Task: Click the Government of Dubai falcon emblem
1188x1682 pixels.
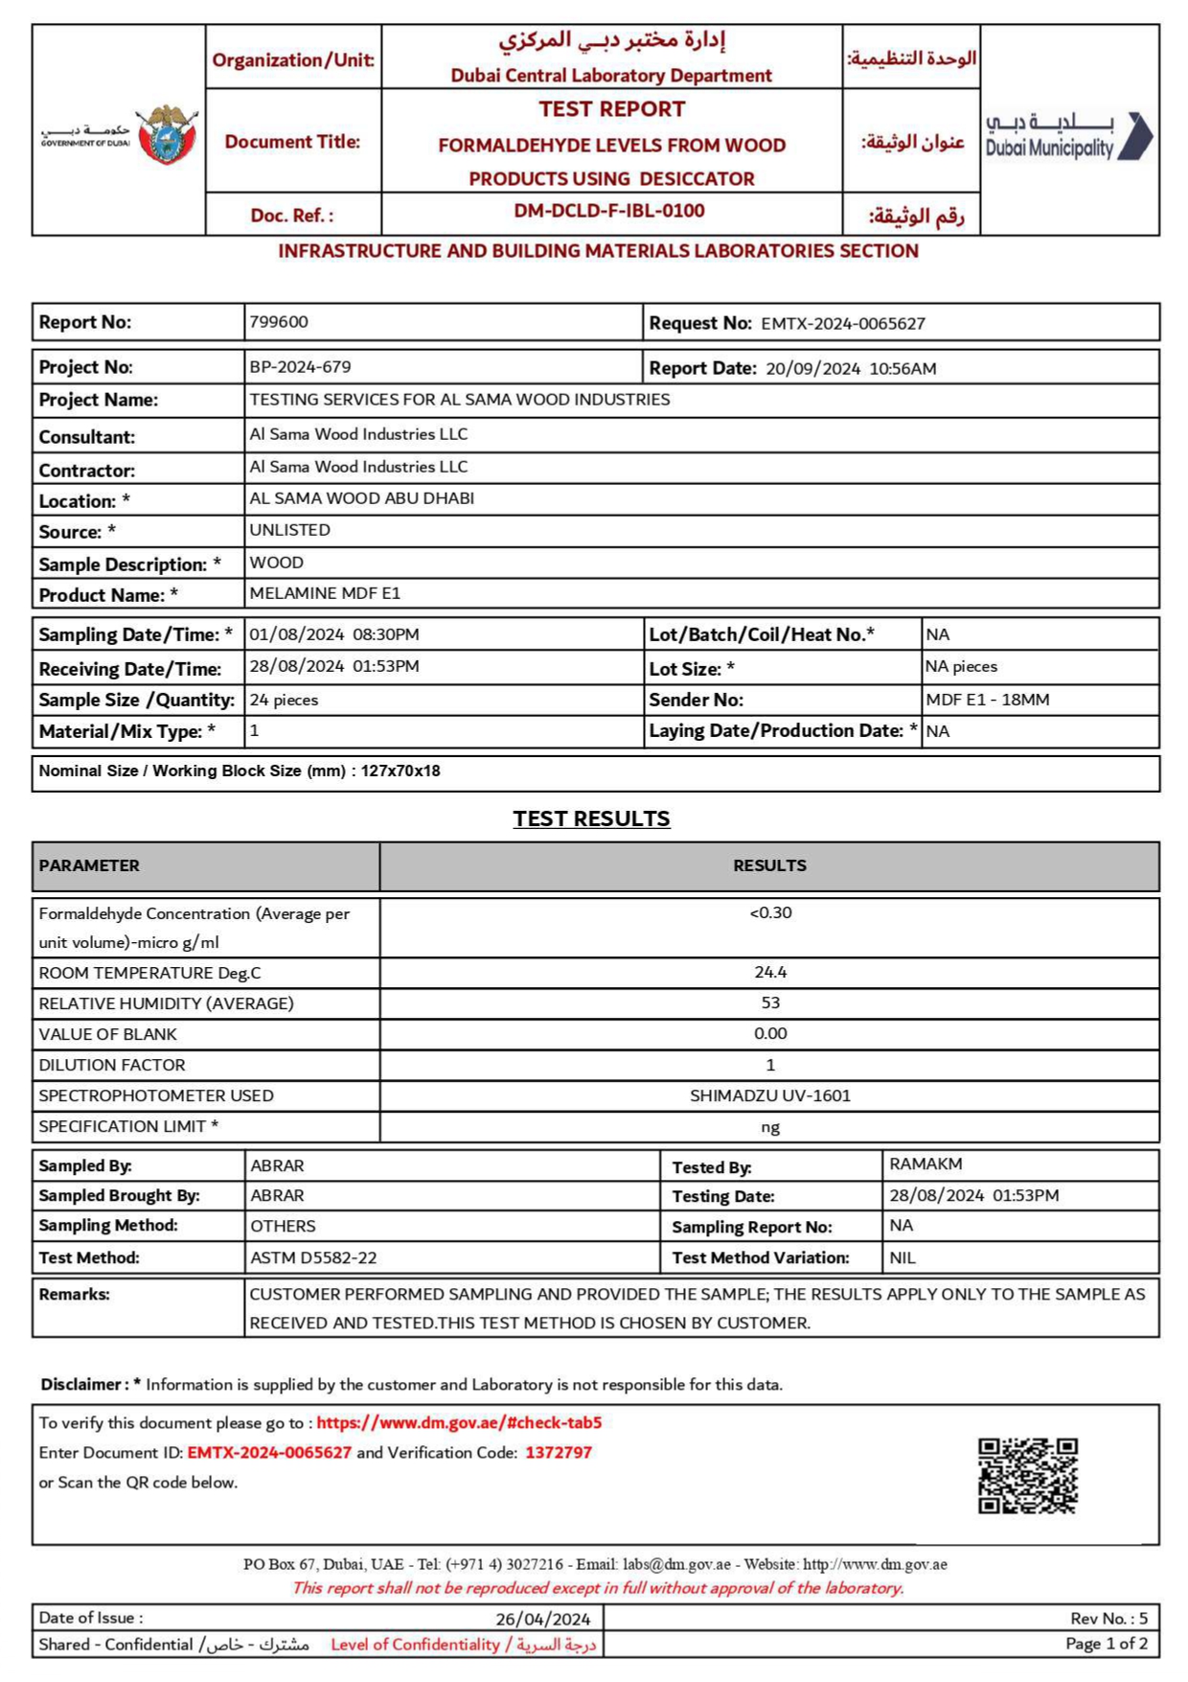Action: coord(168,134)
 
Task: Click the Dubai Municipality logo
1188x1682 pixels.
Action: coord(1069,136)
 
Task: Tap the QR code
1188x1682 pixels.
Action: coord(1027,1475)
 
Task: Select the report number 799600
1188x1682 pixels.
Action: coord(279,322)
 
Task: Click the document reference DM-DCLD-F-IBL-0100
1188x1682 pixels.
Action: coord(609,211)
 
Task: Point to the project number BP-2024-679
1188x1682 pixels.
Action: coord(300,367)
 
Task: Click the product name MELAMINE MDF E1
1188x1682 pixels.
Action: coord(325,593)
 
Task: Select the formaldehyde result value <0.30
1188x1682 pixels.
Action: coord(770,912)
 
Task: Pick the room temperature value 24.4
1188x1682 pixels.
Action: coord(770,972)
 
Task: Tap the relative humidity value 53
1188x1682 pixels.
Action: coord(770,1002)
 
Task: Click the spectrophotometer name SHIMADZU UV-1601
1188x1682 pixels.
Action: coord(770,1095)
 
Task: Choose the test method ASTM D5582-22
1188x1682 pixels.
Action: coord(313,1257)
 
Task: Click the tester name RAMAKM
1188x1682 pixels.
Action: coord(925,1164)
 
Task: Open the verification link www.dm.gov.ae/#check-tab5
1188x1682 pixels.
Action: coord(459,1423)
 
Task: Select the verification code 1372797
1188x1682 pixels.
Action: coord(559,1453)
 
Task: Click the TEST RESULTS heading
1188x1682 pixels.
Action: coord(591,818)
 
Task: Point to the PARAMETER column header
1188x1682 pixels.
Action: coord(89,865)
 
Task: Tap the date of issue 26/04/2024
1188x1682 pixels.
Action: coord(543,1619)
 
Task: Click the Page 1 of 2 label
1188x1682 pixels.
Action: coord(1106,1644)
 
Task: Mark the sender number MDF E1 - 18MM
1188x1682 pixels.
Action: coord(988,700)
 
